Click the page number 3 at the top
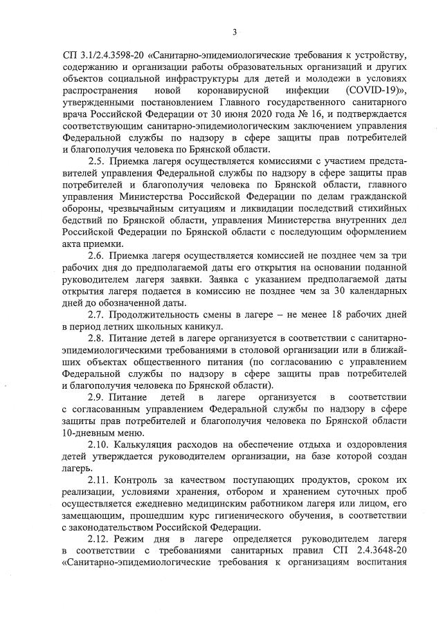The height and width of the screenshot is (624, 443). point(235,32)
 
